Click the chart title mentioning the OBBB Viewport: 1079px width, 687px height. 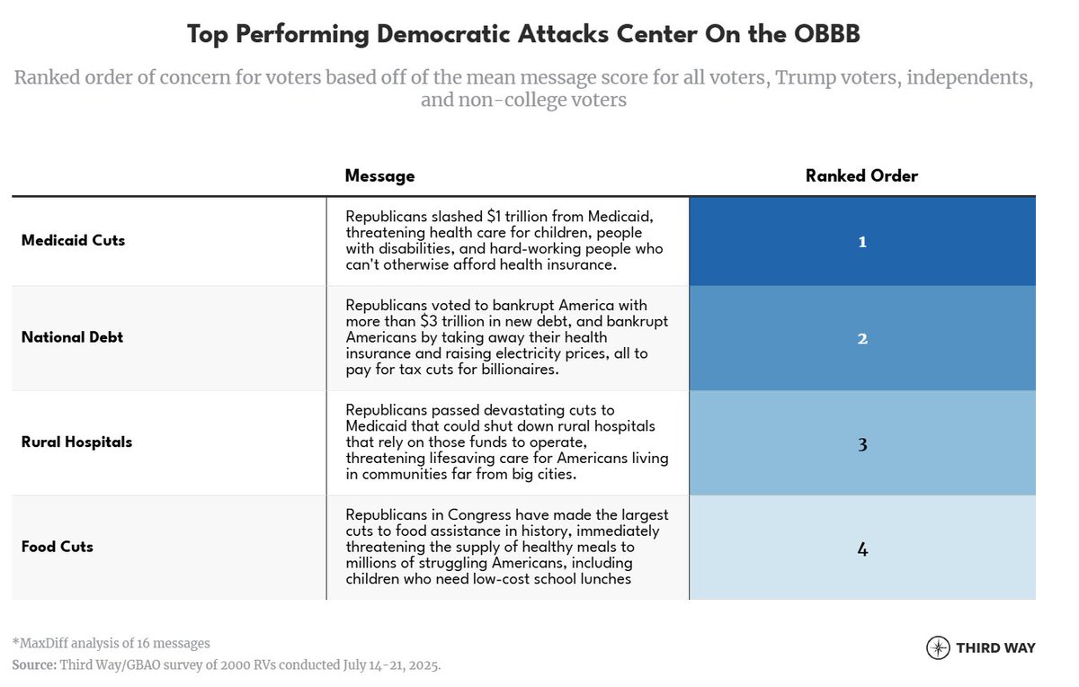(x=523, y=35)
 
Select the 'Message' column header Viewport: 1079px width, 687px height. (x=379, y=176)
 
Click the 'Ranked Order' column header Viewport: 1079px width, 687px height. (x=861, y=176)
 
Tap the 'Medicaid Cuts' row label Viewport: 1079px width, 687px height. (x=73, y=241)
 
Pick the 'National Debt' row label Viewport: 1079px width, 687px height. (x=72, y=338)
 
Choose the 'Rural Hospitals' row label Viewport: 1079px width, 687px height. (x=76, y=442)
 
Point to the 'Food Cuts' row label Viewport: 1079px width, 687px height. (x=58, y=547)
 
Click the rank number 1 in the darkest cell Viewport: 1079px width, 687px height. (x=861, y=242)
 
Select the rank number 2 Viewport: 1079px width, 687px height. (x=861, y=339)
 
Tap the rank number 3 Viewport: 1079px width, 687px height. (x=861, y=443)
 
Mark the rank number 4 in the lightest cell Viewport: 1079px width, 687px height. (x=861, y=549)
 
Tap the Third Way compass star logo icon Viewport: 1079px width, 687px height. (x=938, y=647)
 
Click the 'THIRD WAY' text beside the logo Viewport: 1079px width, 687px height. (x=995, y=648)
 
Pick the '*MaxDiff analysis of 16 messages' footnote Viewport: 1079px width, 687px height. (x=111, y=643)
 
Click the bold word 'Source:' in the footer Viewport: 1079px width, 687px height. (x=33, y=665)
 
